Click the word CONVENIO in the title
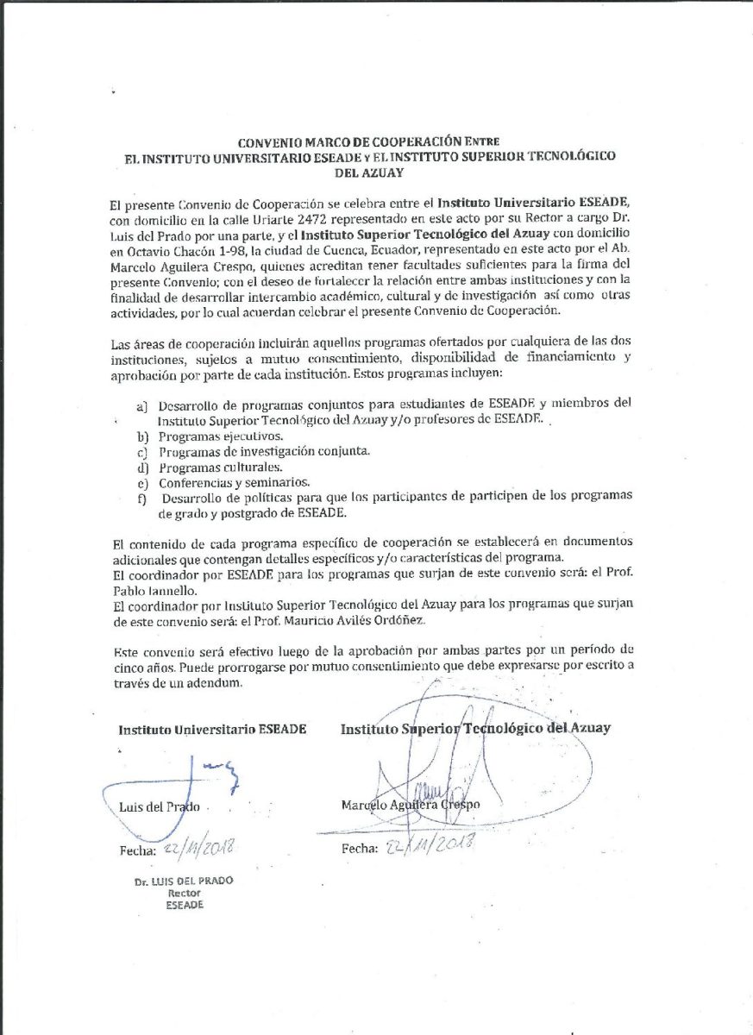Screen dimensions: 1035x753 click(268, 141)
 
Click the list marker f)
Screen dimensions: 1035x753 click(141, 497)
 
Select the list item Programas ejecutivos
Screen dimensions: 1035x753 click(208, 436)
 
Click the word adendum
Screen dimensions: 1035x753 click(208, 683)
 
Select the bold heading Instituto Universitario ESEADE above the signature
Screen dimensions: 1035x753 click(212, 729)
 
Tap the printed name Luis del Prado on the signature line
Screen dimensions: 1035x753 click(160, 807)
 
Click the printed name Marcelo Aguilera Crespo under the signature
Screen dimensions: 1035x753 click(410, 805)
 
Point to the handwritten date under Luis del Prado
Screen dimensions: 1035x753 click(197, 850)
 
